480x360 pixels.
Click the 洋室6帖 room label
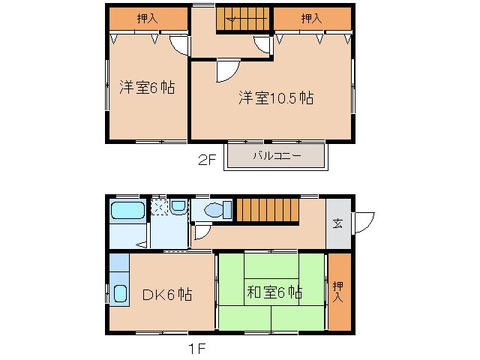click(x=147, y=88)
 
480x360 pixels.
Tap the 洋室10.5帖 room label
click(x=276, y=98)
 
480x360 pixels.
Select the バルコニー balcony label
click(x=276, y=157)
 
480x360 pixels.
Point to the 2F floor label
click(x=207, y=160)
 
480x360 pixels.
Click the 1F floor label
click(x=196, y=348)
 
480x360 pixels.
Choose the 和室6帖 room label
click(x=274, y=292)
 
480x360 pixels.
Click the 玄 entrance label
click(x=338, y=223)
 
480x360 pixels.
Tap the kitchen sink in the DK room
click(x=119, y=292)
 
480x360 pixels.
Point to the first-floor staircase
click(x=267, y=209)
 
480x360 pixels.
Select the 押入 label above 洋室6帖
click(x=147, y=19)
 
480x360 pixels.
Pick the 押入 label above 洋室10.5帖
click(x=311, y=19)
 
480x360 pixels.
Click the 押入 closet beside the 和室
click(x=339, y=292)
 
